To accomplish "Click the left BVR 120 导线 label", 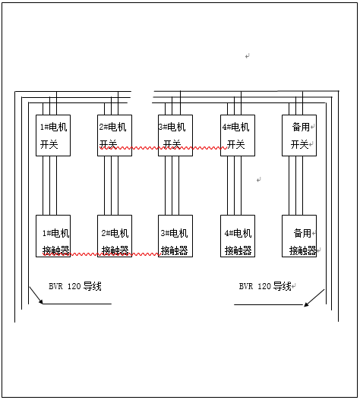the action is tap(75, 286).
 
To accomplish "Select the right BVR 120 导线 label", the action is tap(265, 286).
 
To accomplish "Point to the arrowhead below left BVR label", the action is tap(40, 301).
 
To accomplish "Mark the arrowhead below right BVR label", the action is tap(307, 304).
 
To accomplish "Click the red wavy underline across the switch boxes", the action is tap(163, 148).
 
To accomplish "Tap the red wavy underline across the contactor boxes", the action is tap(102, 254).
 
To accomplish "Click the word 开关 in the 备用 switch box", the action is tap(299, 145).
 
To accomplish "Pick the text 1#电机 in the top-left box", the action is tap(54, 127).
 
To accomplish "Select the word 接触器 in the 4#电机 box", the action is tap(238, 250).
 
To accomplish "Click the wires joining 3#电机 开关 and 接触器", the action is tap(172, 185).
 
